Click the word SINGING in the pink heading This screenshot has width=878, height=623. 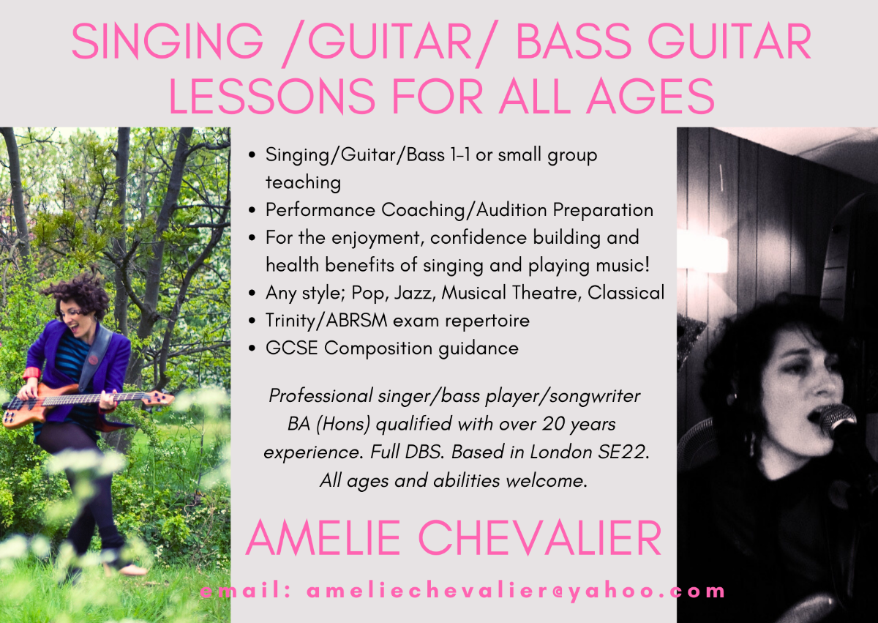168,42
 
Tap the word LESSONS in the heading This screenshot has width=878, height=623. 272,96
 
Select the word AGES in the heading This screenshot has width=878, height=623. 650,96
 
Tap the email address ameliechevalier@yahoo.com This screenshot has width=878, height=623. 516,592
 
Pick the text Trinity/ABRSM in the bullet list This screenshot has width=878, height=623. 326,321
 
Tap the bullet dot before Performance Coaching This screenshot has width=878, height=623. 252,211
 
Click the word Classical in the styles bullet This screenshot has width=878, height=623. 626,293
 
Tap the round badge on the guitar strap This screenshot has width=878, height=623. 93,359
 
